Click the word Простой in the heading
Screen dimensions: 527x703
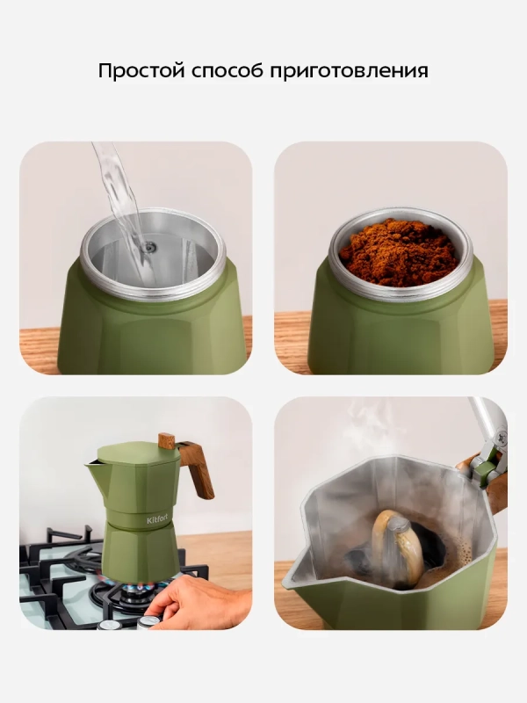(141, 71)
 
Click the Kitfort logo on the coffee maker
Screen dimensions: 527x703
(159, 520)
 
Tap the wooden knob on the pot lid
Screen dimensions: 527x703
(167, 441)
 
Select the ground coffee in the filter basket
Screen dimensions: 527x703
(398, 252)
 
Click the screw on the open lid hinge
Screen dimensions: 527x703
(502, 435)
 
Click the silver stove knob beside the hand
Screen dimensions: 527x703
(148, 622)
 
